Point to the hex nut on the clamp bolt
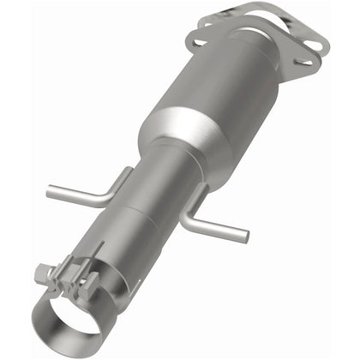click(43, 274)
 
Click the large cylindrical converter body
click(231, 94)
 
